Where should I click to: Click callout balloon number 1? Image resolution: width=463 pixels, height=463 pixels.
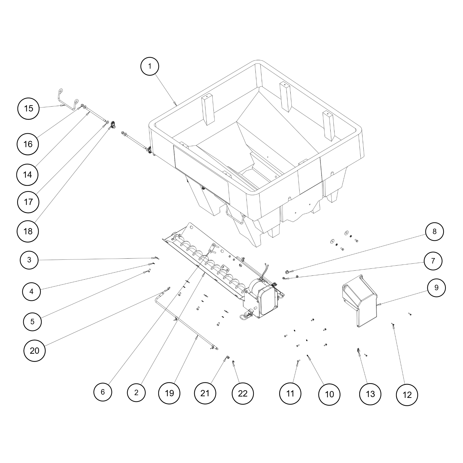(150, 66)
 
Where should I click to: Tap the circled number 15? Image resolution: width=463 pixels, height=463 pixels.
(28, 108)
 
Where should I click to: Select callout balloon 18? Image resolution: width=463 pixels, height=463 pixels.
(28, 231)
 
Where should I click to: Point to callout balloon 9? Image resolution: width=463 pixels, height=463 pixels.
(436, 288)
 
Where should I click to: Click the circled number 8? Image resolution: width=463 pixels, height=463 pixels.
(434, 231)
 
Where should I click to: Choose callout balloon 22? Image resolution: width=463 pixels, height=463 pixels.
(242, 393)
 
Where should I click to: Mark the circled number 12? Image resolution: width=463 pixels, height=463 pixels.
(407, 395)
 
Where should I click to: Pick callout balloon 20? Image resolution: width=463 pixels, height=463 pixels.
(35, 350)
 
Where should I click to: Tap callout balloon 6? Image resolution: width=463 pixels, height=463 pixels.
(103, 392)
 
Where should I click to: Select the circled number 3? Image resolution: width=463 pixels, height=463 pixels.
(29, 260)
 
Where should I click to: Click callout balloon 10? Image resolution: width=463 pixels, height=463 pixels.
(329, 394)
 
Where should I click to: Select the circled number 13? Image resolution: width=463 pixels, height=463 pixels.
(370, 394)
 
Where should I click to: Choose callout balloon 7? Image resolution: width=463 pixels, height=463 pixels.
(433, 261)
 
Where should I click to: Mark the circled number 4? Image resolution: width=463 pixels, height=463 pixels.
(31, 291)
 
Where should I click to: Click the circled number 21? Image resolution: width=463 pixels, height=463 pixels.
(205, 393)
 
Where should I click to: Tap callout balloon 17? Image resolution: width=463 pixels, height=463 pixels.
(28, 202)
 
